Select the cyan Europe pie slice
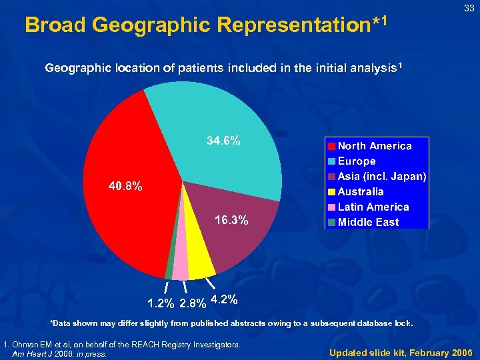point(213,133)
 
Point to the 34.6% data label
point(224,141)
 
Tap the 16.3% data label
point(231,220)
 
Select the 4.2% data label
point(224,300)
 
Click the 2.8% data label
point(193,305)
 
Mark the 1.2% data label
point(161,305)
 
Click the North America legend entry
point(374,146)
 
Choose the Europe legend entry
point(357,161)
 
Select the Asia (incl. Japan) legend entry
point(382,177)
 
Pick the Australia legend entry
point(361,192)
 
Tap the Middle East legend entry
point(368,223)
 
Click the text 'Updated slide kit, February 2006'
point(400,352)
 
